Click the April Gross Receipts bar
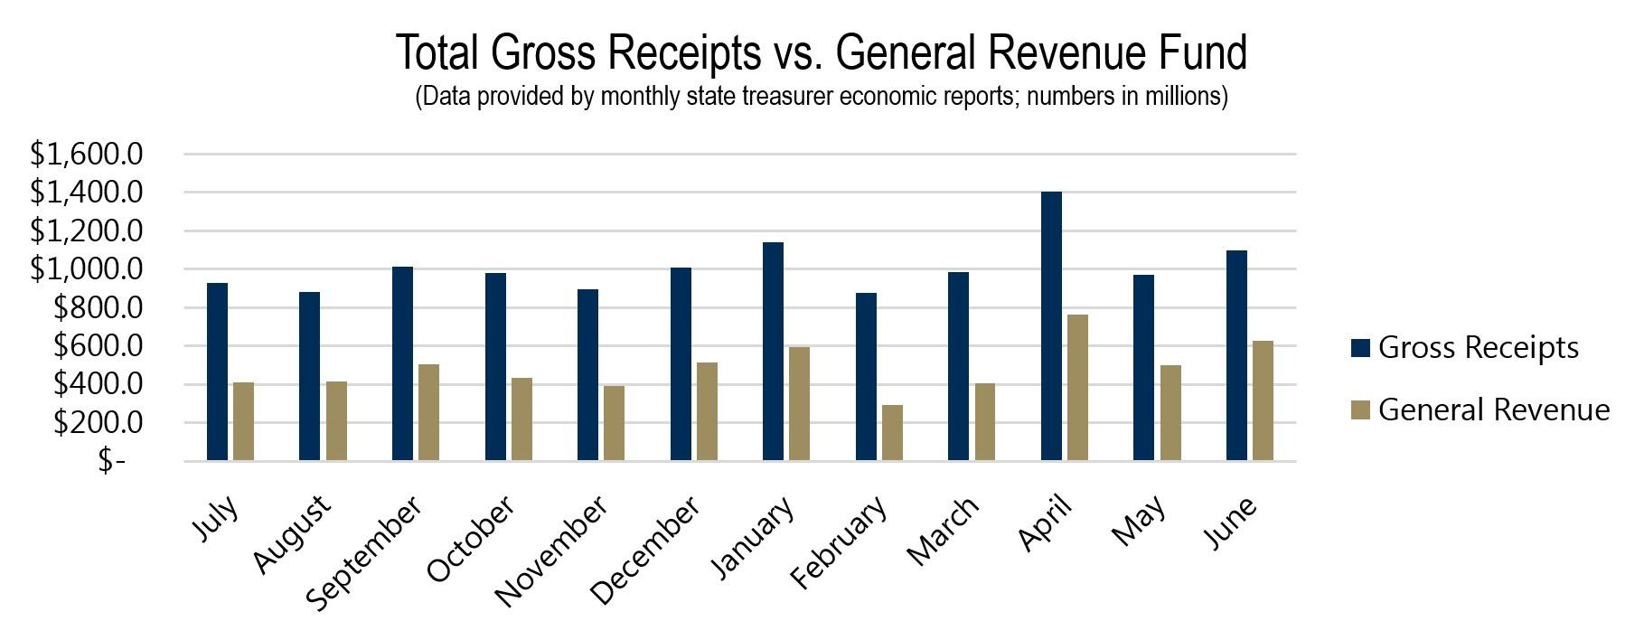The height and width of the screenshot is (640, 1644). [1051, 326]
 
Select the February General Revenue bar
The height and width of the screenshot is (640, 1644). [892, 433]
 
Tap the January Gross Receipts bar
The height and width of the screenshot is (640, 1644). [773, 352]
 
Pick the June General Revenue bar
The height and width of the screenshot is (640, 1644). [1263, 400]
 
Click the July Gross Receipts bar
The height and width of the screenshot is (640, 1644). [217, 372]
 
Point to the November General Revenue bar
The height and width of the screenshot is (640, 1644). [614, 423]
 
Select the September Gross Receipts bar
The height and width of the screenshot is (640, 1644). [402, 363]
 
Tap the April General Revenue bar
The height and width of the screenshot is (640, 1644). [1077, 388]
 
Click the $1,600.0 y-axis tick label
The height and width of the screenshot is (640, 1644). [87, 155]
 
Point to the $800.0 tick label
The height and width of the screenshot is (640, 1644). [99, 308]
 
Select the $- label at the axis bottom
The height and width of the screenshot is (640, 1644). [112, 461]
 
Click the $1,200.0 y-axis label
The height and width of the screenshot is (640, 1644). [87, 231]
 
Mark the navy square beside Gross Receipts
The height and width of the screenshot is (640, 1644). [1361, 348]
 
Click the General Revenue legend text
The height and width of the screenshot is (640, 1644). [1494, 409]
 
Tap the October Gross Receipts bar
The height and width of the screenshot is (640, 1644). [495, 367]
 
